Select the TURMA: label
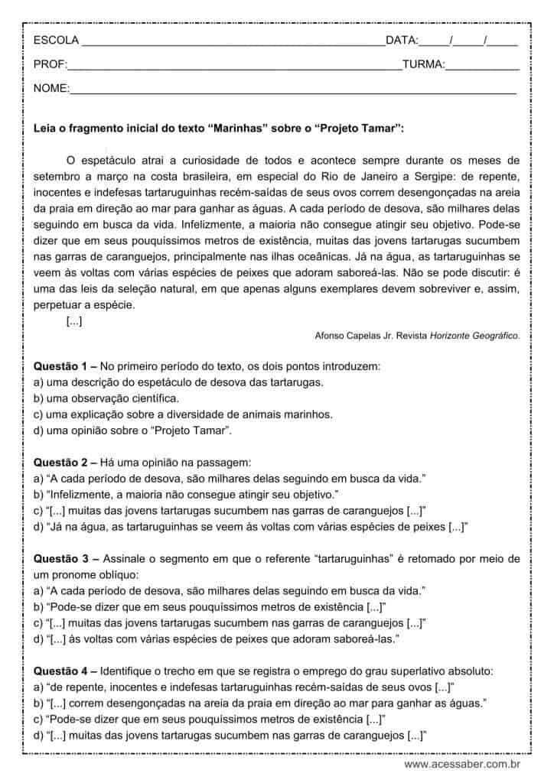tap(423, 65)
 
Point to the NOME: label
tap(51, 89)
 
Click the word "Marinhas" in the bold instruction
tap(239, 128)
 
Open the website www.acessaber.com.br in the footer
tap(462, 764)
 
